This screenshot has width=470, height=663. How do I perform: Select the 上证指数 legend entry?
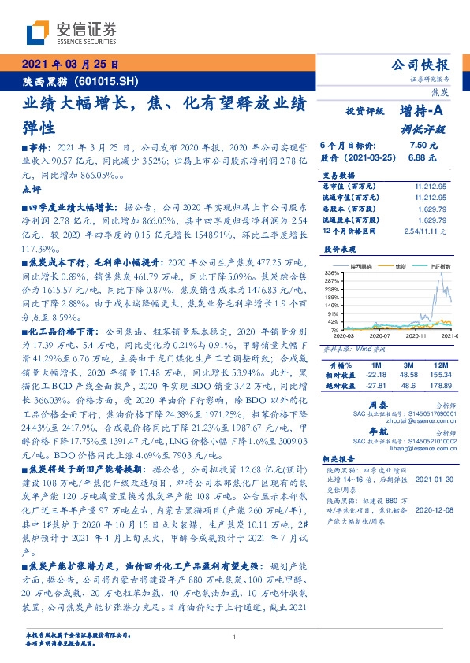[x=435, y=267]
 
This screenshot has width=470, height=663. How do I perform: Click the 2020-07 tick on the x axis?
[x=383, y=335]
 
